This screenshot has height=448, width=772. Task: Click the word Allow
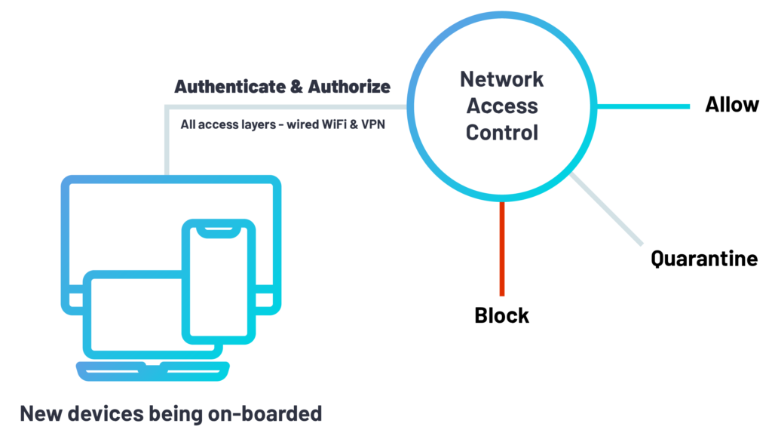pos(731,105)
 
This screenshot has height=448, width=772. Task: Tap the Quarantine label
pos(704,259)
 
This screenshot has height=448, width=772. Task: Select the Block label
pos(501,315)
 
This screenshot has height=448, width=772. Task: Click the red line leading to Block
pos(501,249)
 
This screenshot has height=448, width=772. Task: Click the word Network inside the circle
pos(501,79)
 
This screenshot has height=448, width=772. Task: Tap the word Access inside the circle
pos(501,106)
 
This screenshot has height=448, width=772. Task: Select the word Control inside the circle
pos(501,133)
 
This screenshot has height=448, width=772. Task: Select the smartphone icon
pos(219,279)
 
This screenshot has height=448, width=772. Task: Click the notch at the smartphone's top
pos(219,229)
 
